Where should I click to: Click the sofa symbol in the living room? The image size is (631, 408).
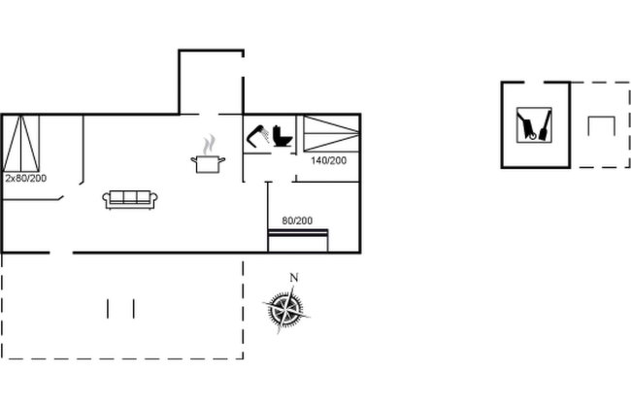[x=129, y=200]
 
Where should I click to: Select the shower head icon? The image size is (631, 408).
[x=258, y=136]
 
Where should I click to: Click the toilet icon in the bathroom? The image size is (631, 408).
[x=282, y=136]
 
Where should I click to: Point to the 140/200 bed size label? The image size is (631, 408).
[x=328, y=160]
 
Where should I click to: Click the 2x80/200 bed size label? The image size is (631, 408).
[x=26, y=178]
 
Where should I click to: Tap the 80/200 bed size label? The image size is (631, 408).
[x=297, y=221]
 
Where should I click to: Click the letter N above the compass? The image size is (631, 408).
[x=294, y=278]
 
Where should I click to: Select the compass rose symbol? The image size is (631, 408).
[x=285, y=309]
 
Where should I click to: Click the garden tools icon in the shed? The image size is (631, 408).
[x=534, y=125]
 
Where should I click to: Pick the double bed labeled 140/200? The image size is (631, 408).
[x=331, y=134]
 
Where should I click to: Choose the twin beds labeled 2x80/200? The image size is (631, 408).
[x=21, y=144]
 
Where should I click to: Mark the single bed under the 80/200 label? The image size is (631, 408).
[x=298, y=241]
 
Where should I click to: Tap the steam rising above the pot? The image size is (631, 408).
[x=209, y=145]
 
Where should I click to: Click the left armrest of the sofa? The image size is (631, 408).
[x=106, y=199]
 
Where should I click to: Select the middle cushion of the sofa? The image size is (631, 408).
[x=130, y=197]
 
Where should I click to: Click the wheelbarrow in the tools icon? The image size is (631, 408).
[x=527, y=126]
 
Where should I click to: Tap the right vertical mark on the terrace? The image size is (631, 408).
[x=134, y=309]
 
